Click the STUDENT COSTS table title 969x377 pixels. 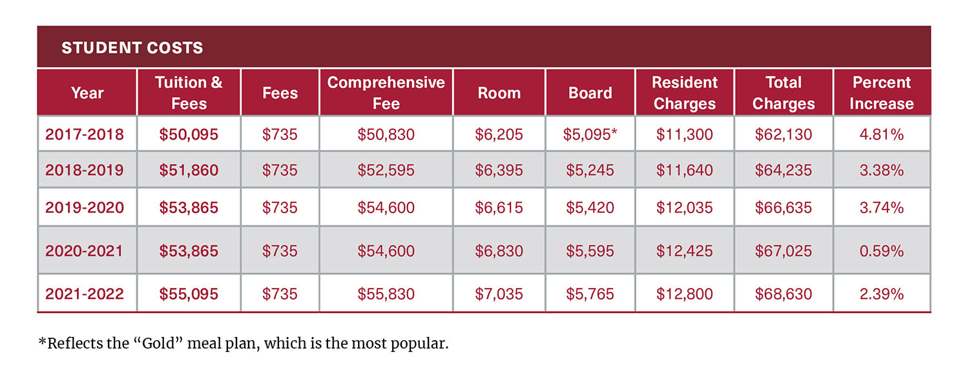(x=132, y=48)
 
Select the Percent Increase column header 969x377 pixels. (x=881, y=93)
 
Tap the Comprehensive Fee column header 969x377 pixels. (x=386, y=93)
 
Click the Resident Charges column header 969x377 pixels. (x=684, y=93)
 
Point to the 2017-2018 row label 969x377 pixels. (x=85, y=134)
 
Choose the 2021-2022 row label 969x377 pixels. (x=85, y=294)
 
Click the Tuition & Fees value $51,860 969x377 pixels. (x=189, y=170)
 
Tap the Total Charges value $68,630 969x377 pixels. (x=783, y=294)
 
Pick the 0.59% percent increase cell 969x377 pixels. (x=881, y=250)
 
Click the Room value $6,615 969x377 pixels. (x=499, y=207)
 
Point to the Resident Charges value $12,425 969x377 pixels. (x=684, y=250)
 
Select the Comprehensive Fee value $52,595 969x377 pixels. (x=386, y=170)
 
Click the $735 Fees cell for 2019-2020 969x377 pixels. (x=280, y=207)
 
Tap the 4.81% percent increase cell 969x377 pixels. (x=881, y=134)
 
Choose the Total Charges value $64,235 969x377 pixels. (x=783, y=170)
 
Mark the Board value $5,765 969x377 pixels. (x=590, y=294)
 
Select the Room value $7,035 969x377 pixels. (x=499, y=294)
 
